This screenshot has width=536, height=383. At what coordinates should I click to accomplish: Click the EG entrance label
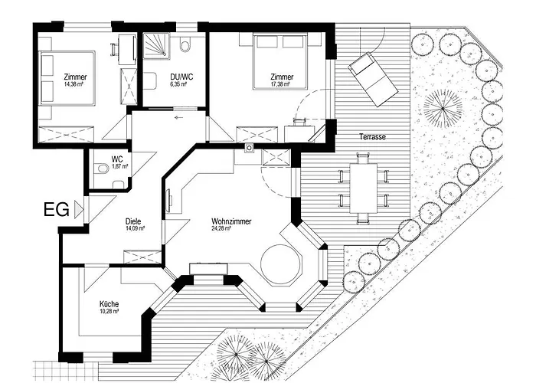[x=57, y=209]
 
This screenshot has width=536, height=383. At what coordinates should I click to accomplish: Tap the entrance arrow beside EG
[x=80, y=209]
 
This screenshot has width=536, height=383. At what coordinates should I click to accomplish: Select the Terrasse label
[x=372, y=137]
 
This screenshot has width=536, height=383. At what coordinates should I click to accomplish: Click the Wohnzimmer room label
[x=231, y=221]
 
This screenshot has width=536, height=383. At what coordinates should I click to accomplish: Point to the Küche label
[x=109, y=304]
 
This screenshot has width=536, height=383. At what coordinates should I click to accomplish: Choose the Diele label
[x=133, y=221]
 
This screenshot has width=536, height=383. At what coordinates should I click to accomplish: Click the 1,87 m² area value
[x=119, y=166]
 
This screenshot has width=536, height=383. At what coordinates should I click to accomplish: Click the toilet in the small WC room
[x=100, y=169]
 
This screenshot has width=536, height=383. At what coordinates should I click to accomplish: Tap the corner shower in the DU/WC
[x=156, y=45]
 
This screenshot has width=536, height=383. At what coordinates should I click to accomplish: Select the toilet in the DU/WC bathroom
[x=185, y=44]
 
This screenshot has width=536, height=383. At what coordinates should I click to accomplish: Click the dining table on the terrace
[x=363, y=188]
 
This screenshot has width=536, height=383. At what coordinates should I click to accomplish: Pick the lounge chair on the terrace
[x=373, y=80]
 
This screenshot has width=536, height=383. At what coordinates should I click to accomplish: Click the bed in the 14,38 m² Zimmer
[x=67, y=78]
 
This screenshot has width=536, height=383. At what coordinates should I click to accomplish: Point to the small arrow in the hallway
[x=178, y=118]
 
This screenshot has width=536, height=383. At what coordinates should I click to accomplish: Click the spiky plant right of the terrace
[x=443, y=109]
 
